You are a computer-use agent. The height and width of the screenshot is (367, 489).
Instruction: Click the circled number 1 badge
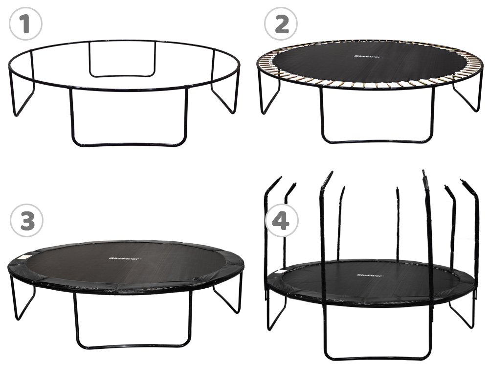[x=25, y=24]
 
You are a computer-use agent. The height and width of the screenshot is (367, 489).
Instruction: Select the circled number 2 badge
[x=281, y=24]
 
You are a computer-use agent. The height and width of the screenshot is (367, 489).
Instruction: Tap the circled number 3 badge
[x=26, y=221]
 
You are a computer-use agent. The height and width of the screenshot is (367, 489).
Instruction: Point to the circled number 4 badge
[x=282, y=221]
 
